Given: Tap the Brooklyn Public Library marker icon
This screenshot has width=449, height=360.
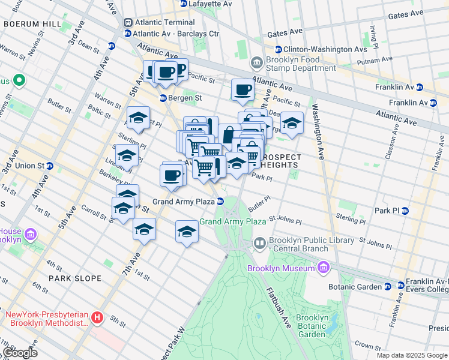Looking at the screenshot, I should (x=260, y=243).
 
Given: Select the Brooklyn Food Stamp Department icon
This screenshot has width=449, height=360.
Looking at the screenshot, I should (x=256, y=62).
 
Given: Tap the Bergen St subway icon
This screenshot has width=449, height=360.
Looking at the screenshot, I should (x=162, y=98).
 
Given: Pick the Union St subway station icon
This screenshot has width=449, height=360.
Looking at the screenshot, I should (x=50, y=166).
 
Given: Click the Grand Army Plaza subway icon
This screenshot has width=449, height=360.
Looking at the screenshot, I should (x=220, y=202).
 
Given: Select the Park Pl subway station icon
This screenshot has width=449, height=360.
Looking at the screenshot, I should (x=405, y=211).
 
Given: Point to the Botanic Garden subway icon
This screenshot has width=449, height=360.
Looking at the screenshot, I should (x=387, y=287).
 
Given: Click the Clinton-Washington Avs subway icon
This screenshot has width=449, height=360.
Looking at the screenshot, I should (x=278, y=49).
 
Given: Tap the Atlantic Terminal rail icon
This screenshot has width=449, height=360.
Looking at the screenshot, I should (x=127, y=22).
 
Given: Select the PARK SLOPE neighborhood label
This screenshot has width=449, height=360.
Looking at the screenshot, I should (x=74, y=278).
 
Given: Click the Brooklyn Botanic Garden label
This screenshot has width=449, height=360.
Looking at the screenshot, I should (x=312, y=326).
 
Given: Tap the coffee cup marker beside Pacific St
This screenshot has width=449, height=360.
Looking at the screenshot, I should (x=243, y=90).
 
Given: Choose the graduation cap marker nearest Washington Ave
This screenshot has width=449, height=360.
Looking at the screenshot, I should (x=292, y=124).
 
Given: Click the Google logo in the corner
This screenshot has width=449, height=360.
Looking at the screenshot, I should (x=20, y=352).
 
